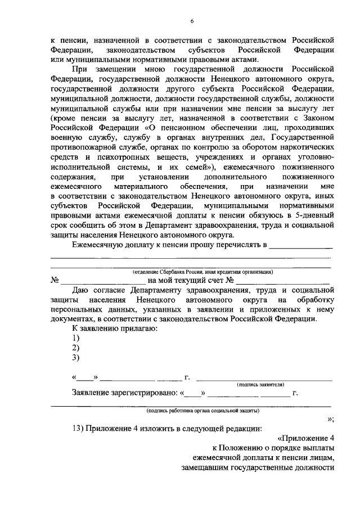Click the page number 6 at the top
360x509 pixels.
[x=191, y=21]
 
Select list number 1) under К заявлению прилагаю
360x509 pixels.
[x=76, y=337]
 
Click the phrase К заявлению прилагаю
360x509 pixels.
[x=114, y=328]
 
